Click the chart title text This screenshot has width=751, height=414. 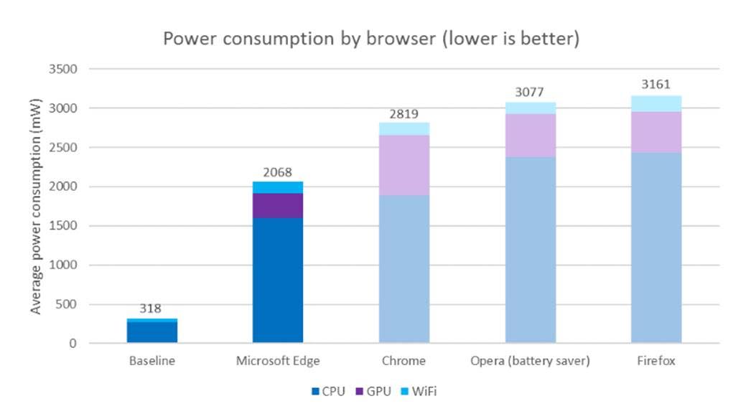[x=370, y=39]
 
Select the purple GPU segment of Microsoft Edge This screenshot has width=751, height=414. [x=278, y=205]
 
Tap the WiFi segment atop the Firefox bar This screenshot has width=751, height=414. [x=656, y=103]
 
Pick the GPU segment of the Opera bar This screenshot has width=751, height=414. [x=531, y=135]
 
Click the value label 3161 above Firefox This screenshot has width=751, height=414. [x=656, y=85]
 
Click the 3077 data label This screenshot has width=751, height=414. [x=531, y=92]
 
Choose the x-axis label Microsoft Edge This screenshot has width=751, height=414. [x=278, y=361]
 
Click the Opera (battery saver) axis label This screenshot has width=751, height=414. [x=531, y=361]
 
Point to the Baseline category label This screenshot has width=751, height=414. [x=152, y=361]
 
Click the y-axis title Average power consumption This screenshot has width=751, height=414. [x=35, y=207]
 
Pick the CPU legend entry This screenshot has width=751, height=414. [x=328, y=391]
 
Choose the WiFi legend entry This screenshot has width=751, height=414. [x=419, y=391]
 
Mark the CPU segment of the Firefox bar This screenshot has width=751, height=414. [x=656, y=248]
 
